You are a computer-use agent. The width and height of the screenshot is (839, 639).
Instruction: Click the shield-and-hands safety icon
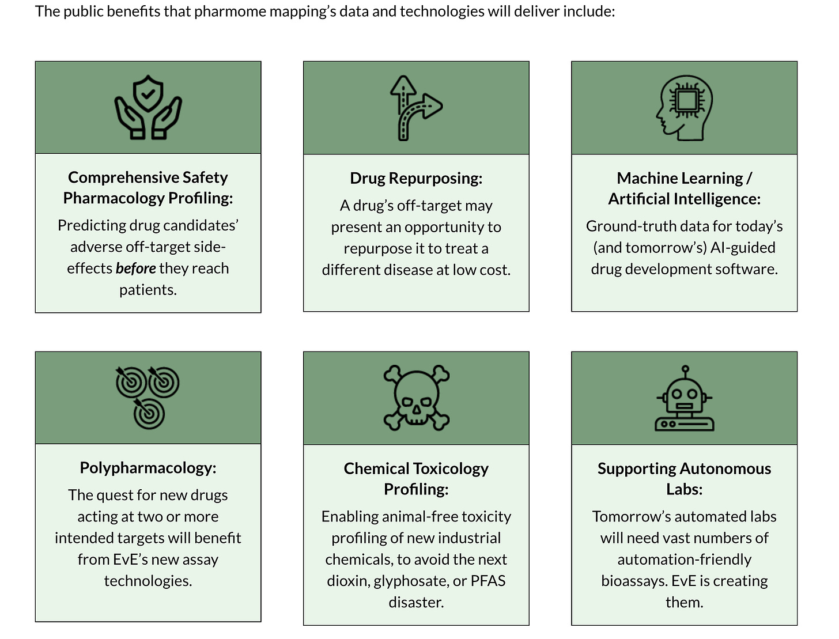pyautogui.click(x=148, y=108)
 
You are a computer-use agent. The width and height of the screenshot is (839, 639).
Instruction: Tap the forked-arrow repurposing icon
pyautogui.click(x=415, y=108)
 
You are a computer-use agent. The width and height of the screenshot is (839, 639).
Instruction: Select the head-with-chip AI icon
pyautogui.click(x=684, y=108)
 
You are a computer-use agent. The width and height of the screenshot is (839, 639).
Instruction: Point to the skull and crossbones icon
pyautogui.click(x=416, y=398)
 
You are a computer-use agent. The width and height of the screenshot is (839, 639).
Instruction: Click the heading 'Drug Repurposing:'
pyautogui.click(x=416, y=178)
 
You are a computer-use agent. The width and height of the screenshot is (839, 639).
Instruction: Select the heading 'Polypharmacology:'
pyautogui.click(x=148, y=467)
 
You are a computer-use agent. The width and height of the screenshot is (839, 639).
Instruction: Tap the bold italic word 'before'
pyautogui.click(x=136, y=269)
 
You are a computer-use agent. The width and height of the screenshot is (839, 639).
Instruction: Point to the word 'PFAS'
pyautogui.click(x=488, y=581)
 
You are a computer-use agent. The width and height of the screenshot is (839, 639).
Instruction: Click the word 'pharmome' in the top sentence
pyautogui.click(x=224, y=12)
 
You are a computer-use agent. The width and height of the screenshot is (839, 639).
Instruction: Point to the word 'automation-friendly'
pyautogui.click(x=684, y=559)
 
